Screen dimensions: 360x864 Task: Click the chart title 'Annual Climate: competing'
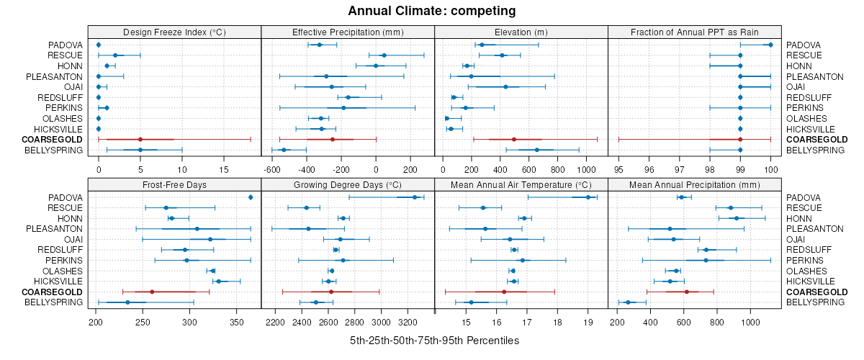431,11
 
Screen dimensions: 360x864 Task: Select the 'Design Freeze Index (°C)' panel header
174,32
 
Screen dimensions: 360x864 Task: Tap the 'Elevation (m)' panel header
521,32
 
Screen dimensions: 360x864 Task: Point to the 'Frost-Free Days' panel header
174,185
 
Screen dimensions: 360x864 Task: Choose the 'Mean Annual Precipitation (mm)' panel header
695,185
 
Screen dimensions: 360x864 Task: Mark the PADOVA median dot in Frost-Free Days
251,197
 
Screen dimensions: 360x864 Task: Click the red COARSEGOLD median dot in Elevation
514,140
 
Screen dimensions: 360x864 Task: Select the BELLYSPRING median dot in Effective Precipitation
284,150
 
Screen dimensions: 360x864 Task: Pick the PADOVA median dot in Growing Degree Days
415,197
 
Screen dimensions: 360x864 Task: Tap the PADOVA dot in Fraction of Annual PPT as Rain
770,45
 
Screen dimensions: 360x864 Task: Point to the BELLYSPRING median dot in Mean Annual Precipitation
628,302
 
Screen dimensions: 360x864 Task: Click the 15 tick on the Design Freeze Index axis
223,170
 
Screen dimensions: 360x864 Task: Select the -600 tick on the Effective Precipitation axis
272,170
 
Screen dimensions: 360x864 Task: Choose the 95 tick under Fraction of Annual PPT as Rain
618,170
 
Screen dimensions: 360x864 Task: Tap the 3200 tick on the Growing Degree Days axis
408,323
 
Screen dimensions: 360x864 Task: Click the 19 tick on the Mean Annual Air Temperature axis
588,323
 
